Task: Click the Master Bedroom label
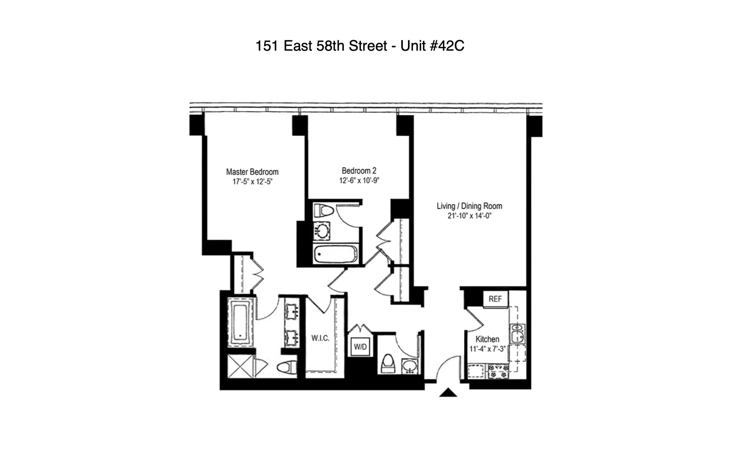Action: pyautogui.click(x=252, y=172)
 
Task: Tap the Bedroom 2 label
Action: pyautogui.click(x=359, y=171)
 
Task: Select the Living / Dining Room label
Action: pyautogui.click(x=469, y=206)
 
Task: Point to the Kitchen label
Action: pyautogui.click(x=487, y=339)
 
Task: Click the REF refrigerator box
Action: pyautogui.click(x=495, y=299)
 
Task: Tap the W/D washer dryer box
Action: pyautogui.click(x=360, y=347)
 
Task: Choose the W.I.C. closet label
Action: pyautogui.click(x=320, y=338)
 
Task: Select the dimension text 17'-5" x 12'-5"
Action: pyautogui.click(x=252, y=182)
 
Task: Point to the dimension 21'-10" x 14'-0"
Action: pyautogui.click(x=469, y=216)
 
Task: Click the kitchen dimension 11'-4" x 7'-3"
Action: pyautogui.click(x=487, y=349)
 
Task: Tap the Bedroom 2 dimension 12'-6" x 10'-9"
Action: pyautogui.click(x=359, y=181)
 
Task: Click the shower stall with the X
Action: pyautogui.click(x=240, y=366)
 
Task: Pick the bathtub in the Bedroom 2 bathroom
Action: pyautogui.click(x=335, y=254)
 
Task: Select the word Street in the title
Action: pyautogui.click(x=368, y=46)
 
